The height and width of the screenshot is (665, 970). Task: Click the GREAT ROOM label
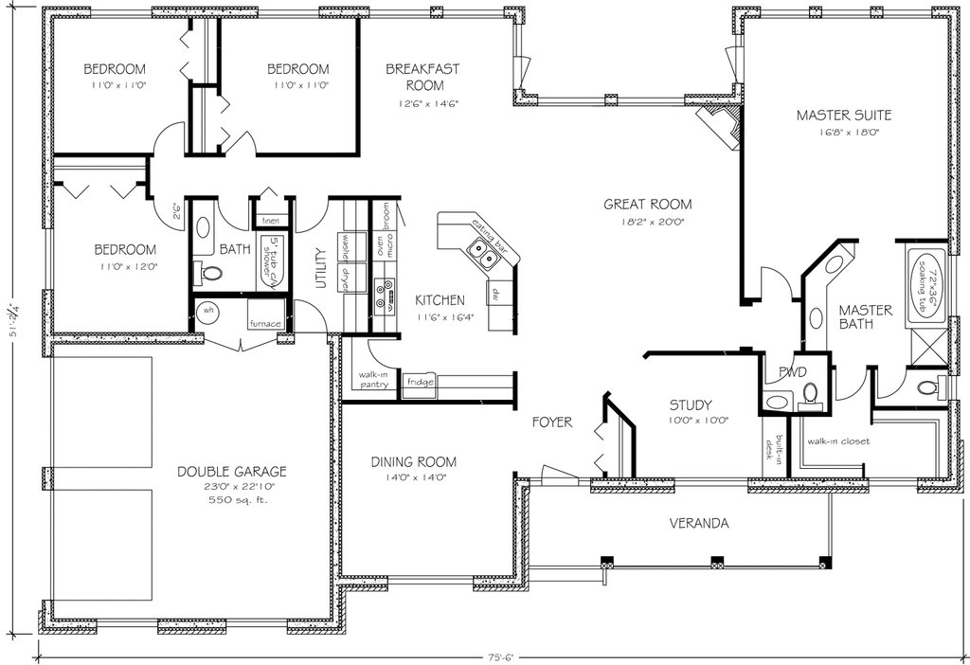648,204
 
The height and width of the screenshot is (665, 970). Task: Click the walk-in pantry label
372,380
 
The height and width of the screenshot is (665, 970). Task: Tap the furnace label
264,323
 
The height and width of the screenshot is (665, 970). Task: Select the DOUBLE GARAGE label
231,471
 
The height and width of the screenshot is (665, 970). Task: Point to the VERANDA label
699,523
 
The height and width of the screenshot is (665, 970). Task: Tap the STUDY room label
691,404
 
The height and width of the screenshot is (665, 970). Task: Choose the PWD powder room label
792,371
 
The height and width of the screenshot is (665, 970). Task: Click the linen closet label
271,221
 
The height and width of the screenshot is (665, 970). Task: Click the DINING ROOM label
413,462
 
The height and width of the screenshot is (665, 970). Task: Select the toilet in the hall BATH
210,274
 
